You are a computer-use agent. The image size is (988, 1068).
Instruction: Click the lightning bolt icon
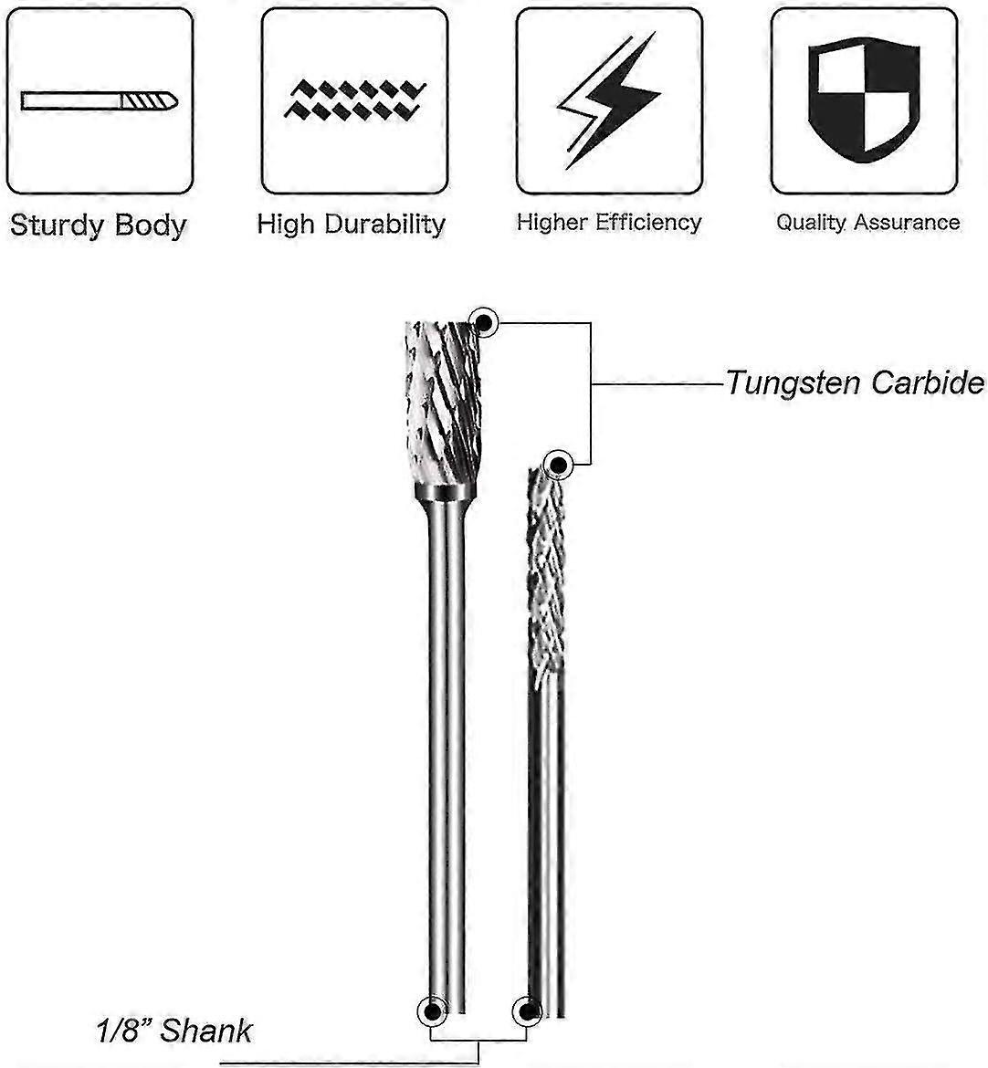click(608, 99)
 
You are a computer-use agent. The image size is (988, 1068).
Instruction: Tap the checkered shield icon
click(864, 99)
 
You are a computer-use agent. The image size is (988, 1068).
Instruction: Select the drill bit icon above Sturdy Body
click(100, 100)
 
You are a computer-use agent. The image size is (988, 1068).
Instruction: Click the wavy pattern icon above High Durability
click(354, 99)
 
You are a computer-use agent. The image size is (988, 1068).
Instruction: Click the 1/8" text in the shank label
click(124, 1031)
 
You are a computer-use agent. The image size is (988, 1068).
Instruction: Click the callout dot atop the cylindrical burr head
click(482, 320)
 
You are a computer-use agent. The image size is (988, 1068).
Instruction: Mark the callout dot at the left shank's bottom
click(430, 1010)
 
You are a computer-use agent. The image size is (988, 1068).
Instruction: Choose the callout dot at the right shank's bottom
click(526, 1010)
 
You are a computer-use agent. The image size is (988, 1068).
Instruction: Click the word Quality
click(808, 222)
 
